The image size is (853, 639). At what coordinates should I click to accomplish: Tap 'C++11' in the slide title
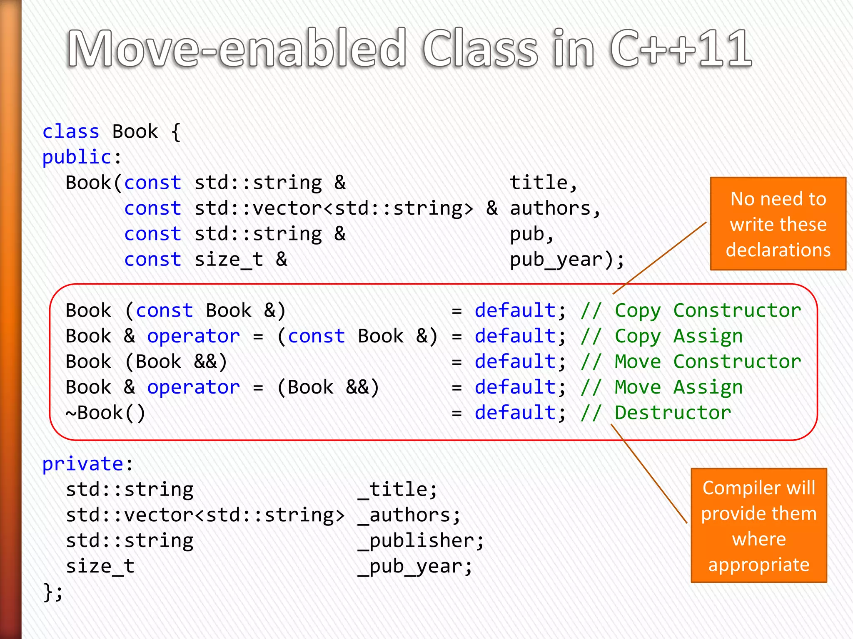click(x=681, y=49)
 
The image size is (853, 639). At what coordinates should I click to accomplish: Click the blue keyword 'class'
click(x=71, y=132)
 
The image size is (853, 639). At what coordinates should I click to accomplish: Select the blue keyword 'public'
click(x=77, y=157)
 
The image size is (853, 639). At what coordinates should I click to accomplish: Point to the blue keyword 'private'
click(x=83, y=464)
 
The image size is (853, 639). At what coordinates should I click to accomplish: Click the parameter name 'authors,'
click(x=555, y=208)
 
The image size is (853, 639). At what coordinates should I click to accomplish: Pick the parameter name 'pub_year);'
click(x=567, y=260)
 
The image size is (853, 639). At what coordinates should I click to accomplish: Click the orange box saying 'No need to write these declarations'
click(x=778, y=224)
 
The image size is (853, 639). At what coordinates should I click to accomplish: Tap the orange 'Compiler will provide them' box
click(x=758, y=525)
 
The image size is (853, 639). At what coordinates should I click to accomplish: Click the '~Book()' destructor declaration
click(x=105, y=413)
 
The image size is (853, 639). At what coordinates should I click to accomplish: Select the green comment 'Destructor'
click(x=673, y=413)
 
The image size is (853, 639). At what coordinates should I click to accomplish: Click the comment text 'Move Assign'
click(x=678, y=387)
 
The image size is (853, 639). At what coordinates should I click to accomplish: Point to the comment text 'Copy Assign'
click(x=678, y=336)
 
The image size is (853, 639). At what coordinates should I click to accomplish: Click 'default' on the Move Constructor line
click(x=515, y=362)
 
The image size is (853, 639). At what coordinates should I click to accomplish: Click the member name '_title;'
click(x=397, y=490)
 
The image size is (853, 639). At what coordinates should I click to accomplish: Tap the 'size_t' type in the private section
click(x=100, y=566)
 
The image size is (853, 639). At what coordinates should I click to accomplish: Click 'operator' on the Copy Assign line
click(x=194, y=336)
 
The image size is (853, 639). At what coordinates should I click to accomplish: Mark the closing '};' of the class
click(x=53, y=592)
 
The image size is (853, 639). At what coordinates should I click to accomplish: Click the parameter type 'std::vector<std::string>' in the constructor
click(x=334, y=208)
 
